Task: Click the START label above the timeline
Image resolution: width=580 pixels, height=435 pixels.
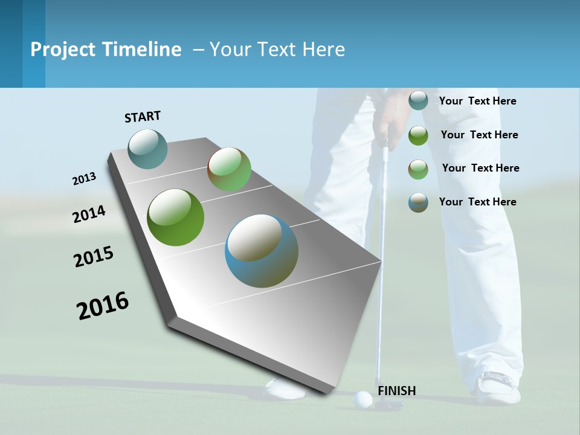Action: tap(143, 117)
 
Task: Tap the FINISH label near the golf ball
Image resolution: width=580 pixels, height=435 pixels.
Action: tap(397, 391)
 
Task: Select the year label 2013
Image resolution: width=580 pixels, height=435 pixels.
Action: tap(84, 179)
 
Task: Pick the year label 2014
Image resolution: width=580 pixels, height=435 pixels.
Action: tap(89, 214)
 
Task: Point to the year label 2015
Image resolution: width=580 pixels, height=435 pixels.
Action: tap(93, 257)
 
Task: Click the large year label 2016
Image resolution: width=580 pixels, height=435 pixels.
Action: tap(103, 306)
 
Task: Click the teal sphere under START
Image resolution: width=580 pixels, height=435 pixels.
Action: tap(147, 149)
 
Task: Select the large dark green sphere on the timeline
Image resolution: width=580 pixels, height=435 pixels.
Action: tap(175, 217)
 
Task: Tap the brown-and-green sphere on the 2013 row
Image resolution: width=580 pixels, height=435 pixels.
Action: tap(229, 169)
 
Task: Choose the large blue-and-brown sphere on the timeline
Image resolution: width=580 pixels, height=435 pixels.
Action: tap(262, 251)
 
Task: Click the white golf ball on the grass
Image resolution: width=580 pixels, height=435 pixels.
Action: tap(363, 399)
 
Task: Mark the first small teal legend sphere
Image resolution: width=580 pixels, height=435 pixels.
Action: tap(418, 100)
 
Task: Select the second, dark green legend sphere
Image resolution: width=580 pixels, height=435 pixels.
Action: tap(418, 135)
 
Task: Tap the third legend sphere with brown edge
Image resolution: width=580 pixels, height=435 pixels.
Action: tap(418, 169)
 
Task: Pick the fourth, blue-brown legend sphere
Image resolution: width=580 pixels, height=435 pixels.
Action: tap(418, 202)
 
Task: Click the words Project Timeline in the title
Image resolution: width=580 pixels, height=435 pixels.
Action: tap(106, 50)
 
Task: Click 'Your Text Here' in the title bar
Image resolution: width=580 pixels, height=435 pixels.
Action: tap(277, 50)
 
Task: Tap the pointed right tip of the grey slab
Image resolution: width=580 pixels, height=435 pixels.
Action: tap(380, 262)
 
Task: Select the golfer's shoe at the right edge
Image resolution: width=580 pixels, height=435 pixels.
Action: tap(498, 388)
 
